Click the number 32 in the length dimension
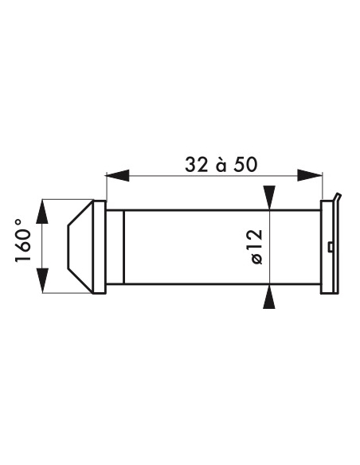pyautogui.click(x=196, y=165)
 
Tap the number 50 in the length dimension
pyautogui.click(x=245, y=165)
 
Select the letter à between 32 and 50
pyautogui.click(x=221, y=165)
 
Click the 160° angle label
pyautogui.click(x=23, y=240)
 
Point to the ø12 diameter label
pyautogui.click(x=256, y=246)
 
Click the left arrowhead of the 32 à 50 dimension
pyautogui.click(x=117, y=175)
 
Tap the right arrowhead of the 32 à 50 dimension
pyautogui.click(x=310, y=175)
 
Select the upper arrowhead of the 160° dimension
pyautogui.click(x=42, y=212)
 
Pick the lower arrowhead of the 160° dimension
pyautogui.click(x=42, y=280)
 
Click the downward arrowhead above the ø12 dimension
pyautogui.click(x=269, y=197)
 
